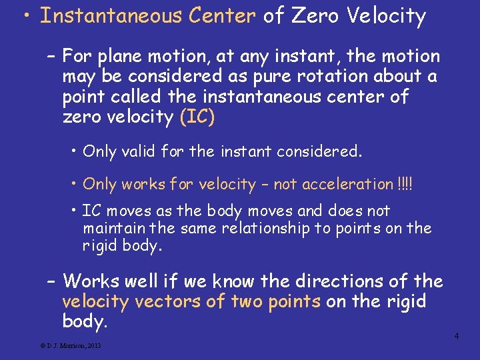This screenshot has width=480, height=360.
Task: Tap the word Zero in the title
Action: pos(313,16)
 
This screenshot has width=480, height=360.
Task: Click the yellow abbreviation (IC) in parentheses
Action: pos(197,117)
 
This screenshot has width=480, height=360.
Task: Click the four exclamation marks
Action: pos(404,184)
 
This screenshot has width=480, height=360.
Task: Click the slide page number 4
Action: pos(457,336)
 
